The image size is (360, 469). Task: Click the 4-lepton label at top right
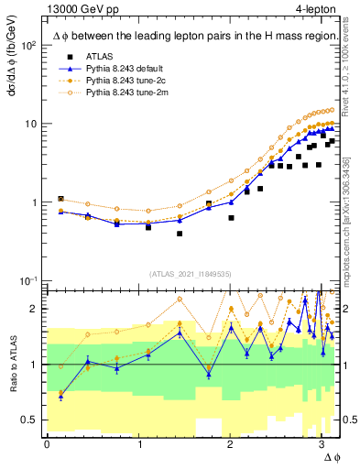click(316, 9)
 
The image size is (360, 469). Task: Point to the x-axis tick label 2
click(230, 444)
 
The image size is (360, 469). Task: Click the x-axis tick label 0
click(47, 444)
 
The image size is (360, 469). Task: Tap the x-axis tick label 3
click(322, 444)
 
